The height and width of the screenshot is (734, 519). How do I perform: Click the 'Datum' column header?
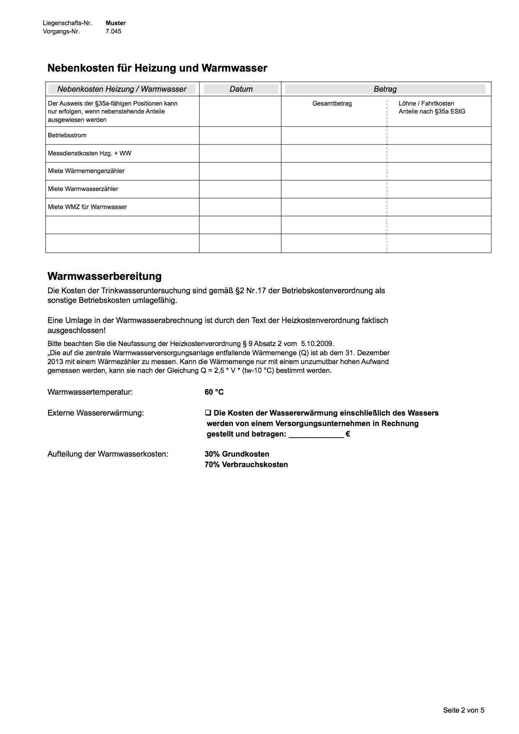pyautogui.click(x=241, y=89)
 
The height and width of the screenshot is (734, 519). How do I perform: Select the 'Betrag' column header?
pyautogui.click(x=385, y=89)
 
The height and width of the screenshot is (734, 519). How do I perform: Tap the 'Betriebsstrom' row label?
pyautogui.click(x=67, y=135)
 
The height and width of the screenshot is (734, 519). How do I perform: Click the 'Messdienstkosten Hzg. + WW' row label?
pyautogui.click(x=89, y=153)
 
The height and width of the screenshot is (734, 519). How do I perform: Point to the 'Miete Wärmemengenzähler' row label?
pyautogui.click(x=86, y=171)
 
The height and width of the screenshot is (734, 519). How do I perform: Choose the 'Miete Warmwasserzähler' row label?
pyautogui.click(x=83, y=189)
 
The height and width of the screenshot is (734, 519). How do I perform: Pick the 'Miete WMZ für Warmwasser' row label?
pyautogui.click(x=87, y=207)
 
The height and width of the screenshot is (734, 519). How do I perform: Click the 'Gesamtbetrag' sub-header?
pyautogui.click(x=332, y=103)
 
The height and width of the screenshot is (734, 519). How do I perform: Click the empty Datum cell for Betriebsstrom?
pyautogui.click(x=240, y=136)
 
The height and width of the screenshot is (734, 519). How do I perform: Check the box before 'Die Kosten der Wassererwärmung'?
pyautogui.click(x=208, y=413)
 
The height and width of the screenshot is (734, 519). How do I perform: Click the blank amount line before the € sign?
pyautogui.click(x=316, y=434)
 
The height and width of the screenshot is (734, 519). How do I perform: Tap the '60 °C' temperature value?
pyautogui.click(x=214, y=392)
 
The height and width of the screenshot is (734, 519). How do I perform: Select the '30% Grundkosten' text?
pyautogui.click(x=237, y=454)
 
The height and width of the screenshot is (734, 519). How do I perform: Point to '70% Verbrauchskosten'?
pyautogui.click(x=246, y=465)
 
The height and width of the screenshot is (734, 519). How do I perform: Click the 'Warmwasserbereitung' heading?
pyautogui.click(x=104, y=277)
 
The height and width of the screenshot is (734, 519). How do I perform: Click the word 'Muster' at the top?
pyautogui.click(x=116, y=23)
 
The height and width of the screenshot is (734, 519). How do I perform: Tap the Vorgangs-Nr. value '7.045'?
pyautogui.click(x=114, y=31)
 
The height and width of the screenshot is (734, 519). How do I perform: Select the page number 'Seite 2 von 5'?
pyautogui.click(x=463, y=710)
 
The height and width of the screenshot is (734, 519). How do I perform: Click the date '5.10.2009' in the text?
pyautogui.click(x=317, y=344)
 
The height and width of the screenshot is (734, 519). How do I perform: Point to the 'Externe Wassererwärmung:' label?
pyautogui.click(x=96, y=413)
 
